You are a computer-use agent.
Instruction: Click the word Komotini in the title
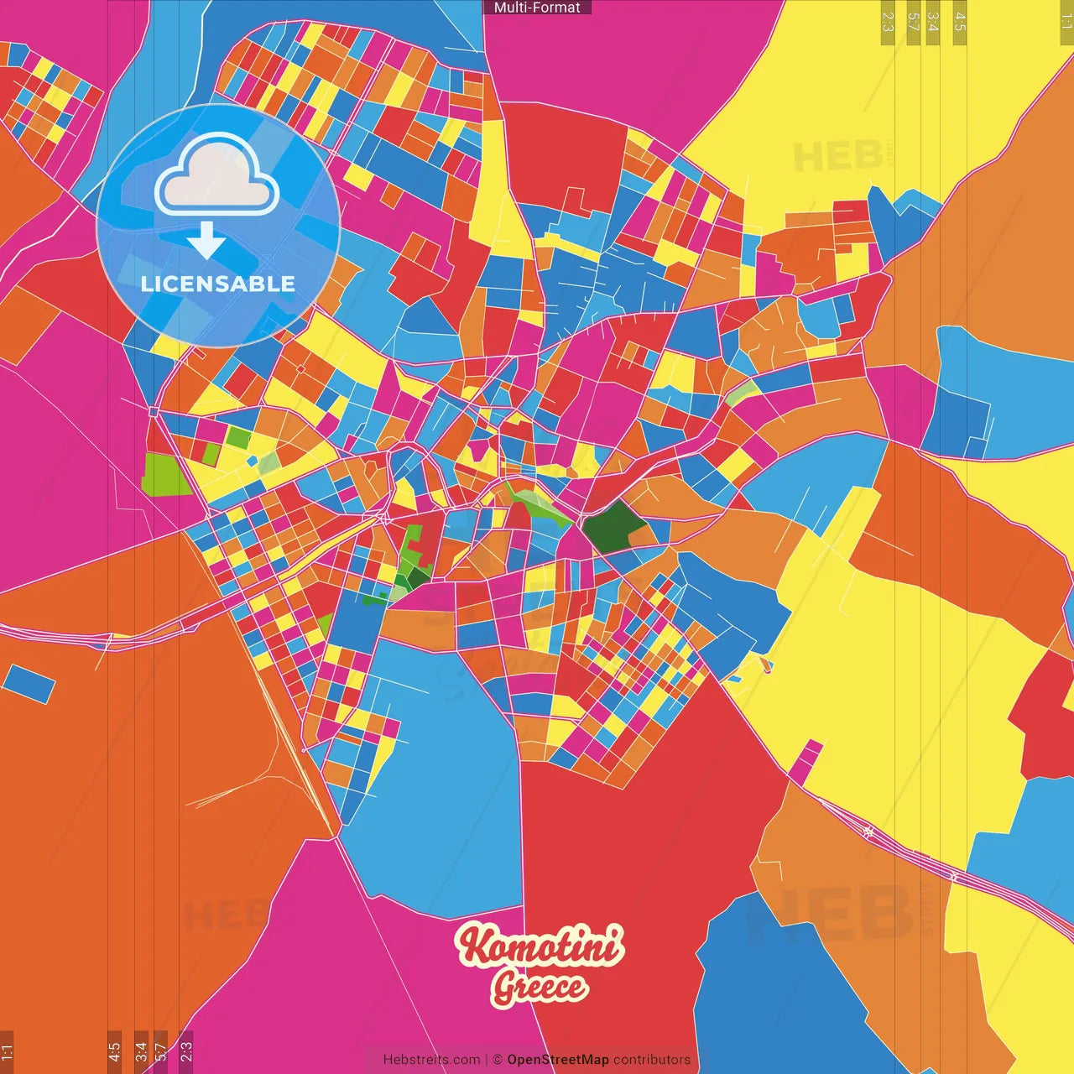[x=540, y=946]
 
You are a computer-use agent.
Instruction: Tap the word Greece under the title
[x=540, y=987]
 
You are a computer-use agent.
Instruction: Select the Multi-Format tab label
[x=537, y=8]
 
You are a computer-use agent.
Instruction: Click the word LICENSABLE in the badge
[x=218, y=284]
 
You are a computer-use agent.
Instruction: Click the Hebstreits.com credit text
[x=431, y=1060]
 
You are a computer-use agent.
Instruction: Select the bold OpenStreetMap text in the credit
[x=557, y=1060]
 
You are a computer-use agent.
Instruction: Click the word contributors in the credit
[x=651, y=1060]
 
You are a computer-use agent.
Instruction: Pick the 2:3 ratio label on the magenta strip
[x=186, y=1051]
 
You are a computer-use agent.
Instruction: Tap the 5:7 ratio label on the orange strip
[x=161, y=1051]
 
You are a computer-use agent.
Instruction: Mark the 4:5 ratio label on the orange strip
[x=115, y=1051]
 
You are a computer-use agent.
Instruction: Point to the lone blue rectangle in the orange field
[x=29, y=683]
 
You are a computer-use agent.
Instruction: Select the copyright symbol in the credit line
[x=498, y=1060]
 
